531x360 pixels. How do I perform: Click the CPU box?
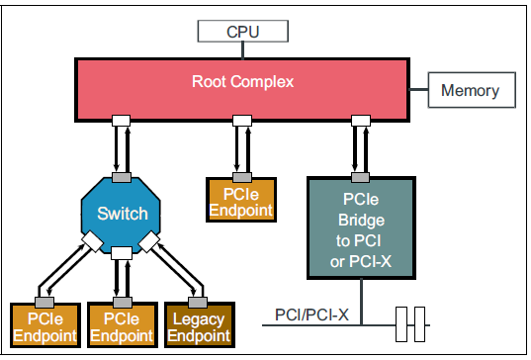pos(242,32)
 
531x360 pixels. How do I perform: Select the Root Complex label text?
pos(242,81)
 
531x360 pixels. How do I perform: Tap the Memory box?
pos(471,91)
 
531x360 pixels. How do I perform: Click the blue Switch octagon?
pos(122,213)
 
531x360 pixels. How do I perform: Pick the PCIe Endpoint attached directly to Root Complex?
pos(240,202)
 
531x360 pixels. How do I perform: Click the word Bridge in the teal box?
pos(359,220)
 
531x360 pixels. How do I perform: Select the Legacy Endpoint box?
pos(199,326)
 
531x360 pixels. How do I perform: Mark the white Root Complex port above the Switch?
pos(121,120)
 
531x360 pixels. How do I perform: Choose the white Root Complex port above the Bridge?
pos(359,120)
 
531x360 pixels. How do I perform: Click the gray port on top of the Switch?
pos(121,176)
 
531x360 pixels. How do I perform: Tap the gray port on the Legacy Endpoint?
pos(199,301)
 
